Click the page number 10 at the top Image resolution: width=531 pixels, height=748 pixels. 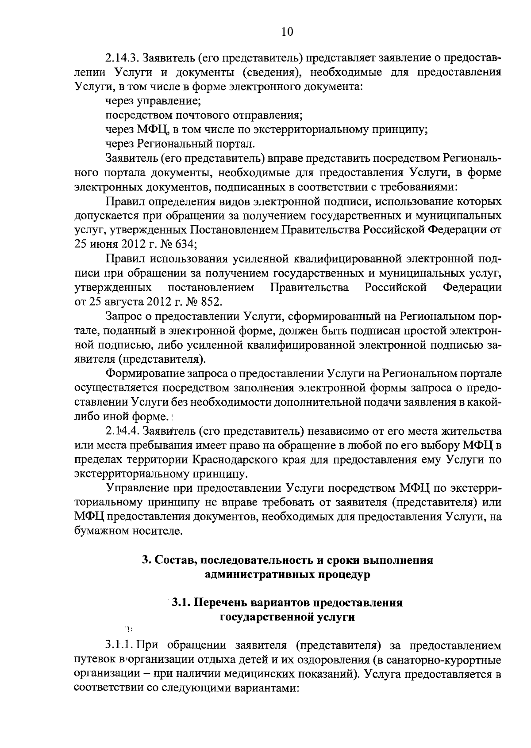coord(287,32)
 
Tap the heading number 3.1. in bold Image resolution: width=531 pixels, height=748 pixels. coord(181,603)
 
